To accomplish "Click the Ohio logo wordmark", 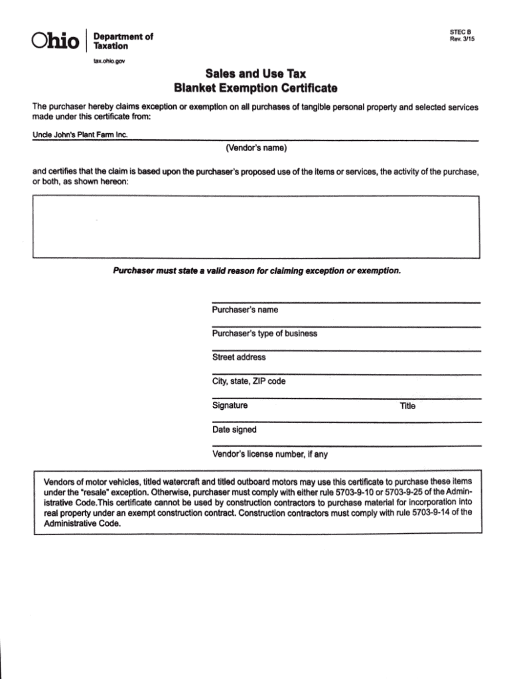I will coord(55,41).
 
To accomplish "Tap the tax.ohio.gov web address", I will coord(108,60).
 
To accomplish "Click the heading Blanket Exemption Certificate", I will coord(256,88).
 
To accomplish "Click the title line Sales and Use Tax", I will coord(256,74).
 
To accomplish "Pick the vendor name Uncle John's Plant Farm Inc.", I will coord(80,135).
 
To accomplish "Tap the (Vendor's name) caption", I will coord(256,147).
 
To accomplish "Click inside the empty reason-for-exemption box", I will coord(256,226).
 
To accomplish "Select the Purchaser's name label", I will coord(245,310).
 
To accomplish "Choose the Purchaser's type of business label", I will coord(264,334).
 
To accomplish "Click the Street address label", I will coord(239,357).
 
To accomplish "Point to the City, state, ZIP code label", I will coord(249,381).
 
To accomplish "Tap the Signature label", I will coord(230,405).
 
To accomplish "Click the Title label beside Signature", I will coord(407,406).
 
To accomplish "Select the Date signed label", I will coord(234,430).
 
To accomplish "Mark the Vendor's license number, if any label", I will coord(269,454).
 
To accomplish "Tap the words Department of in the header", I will coord(123,37).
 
